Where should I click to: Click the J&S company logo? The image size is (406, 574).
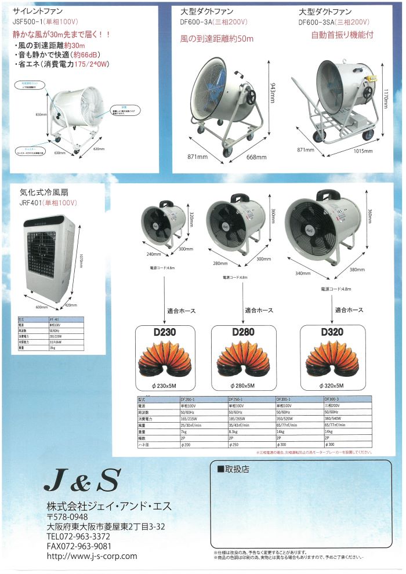point(82,480)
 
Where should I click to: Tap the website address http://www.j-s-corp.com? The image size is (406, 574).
point(92,555)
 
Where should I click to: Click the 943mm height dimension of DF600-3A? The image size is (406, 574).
point(271,91)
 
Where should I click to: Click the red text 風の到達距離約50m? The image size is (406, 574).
point(217,38)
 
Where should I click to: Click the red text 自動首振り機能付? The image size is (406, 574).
point(342,34)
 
